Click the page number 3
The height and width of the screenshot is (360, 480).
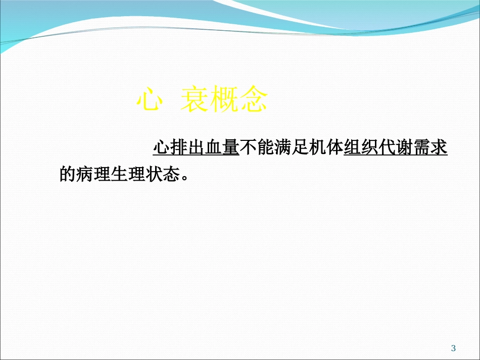point(453,348)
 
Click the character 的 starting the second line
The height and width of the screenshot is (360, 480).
point(68,175)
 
